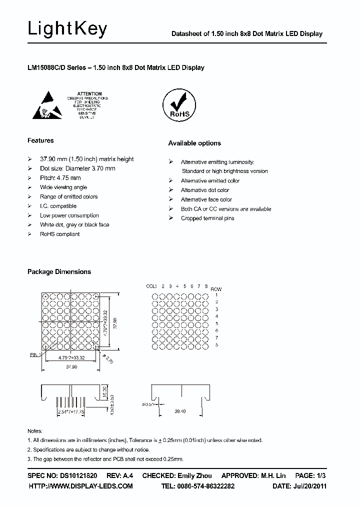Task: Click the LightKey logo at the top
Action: (67, 29)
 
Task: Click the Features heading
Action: (40, 140)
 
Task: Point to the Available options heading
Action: (194, 143)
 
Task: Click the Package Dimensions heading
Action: (59, 271)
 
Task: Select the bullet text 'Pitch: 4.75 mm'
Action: (60, 177)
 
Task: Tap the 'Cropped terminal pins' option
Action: (207, 218)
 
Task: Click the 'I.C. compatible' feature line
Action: (58, 205)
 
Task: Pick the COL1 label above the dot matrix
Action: (151, 286)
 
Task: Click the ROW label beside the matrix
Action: (216, 289)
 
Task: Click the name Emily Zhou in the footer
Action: (194, 475)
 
